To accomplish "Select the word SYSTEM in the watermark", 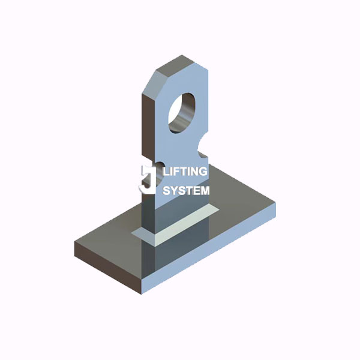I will (187, 191).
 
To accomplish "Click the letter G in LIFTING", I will (203, 172).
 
